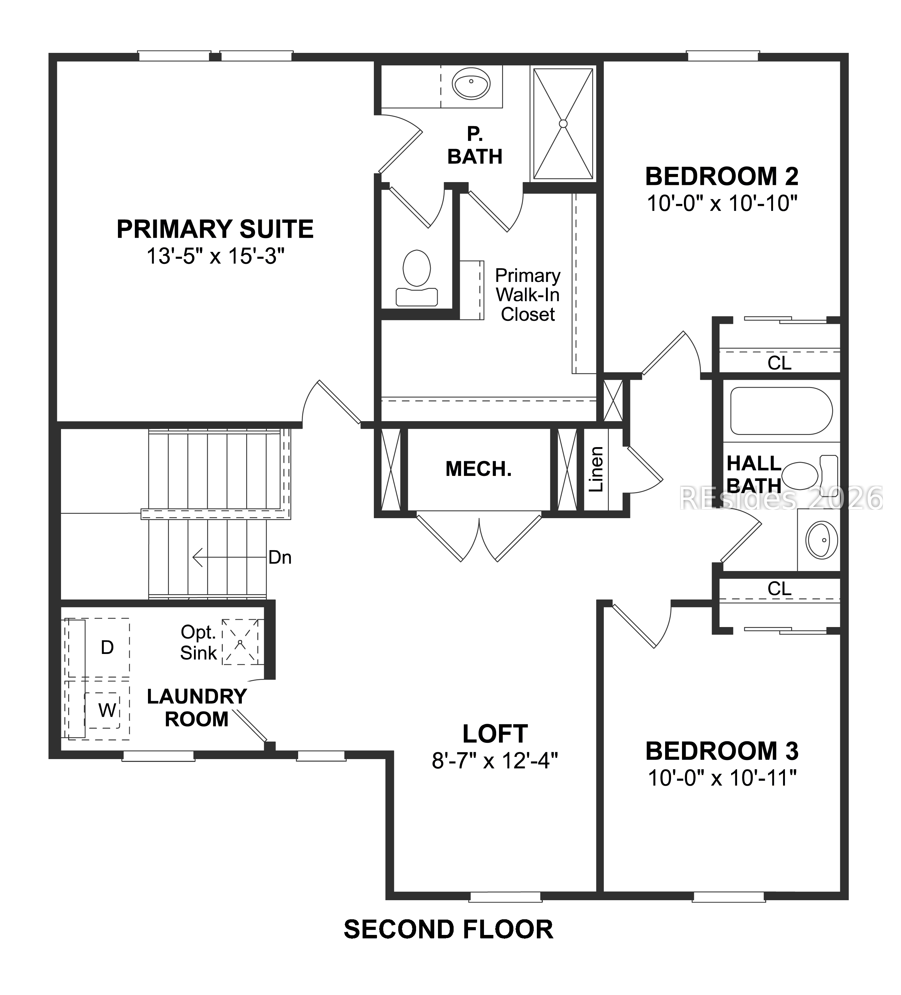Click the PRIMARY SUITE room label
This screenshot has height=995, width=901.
215,229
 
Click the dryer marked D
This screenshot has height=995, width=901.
107,648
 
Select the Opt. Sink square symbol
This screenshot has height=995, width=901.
240,642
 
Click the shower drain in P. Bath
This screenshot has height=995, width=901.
563,123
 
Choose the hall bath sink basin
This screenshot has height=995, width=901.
822,540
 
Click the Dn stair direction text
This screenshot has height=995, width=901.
280,558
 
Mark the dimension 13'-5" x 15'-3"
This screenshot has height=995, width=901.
216,256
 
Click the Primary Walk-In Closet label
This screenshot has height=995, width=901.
527,295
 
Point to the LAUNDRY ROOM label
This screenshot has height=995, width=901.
197,708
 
